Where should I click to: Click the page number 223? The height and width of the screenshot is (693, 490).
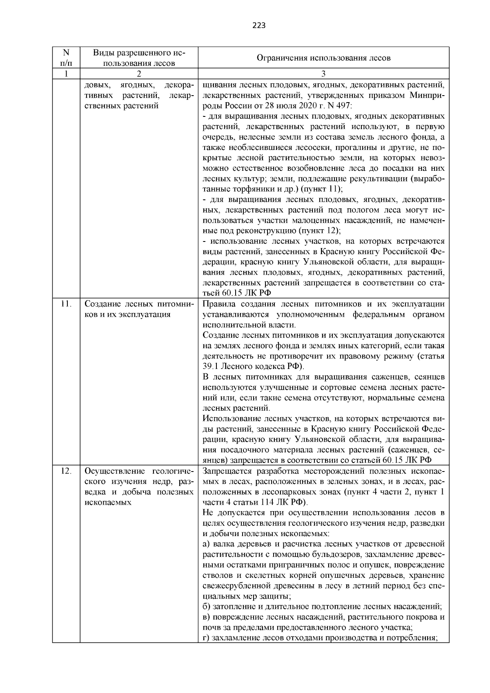tap(258, 26)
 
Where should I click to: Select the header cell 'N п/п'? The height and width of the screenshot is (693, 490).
tap(66, 58)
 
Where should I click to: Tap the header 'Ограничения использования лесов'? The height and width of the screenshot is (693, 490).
tap(323, 58)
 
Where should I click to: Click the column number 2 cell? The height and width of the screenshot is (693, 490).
tap(139, 74)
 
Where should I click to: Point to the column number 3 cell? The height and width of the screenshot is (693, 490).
tap(323, 74)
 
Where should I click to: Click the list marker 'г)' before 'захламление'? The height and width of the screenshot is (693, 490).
tap(206, 638)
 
